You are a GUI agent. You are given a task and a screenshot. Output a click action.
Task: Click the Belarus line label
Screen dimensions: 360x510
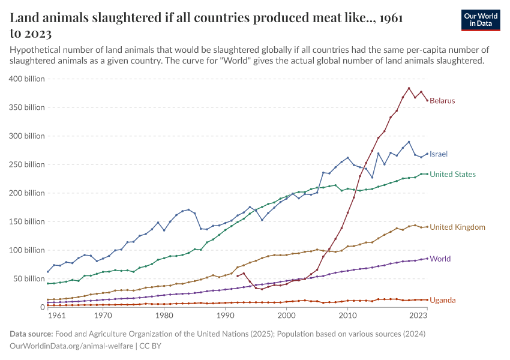[x=442, y=101]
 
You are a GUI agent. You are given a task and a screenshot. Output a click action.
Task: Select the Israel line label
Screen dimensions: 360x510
[x=439, y=154]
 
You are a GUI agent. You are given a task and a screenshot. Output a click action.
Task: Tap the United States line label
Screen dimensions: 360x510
[x=453, y=175]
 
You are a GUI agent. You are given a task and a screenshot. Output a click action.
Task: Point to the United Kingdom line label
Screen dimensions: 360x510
[x=458, y=227]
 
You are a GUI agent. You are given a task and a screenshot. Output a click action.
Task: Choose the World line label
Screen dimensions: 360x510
[x=440, y=259]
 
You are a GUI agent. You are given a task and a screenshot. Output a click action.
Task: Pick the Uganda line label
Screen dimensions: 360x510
[x=443, y=300]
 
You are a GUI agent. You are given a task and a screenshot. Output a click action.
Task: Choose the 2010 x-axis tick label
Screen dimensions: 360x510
[x=347, y=316]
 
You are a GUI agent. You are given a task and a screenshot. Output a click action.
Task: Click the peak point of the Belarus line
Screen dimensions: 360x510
[x=409, y=88]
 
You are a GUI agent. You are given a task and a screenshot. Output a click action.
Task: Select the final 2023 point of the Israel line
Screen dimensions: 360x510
[x=427, y=154]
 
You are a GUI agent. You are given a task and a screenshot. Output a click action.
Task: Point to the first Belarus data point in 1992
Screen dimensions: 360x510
[x=238, y=277]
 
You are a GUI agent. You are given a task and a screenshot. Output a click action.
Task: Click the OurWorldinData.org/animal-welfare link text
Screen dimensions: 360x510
[x=72, y=346]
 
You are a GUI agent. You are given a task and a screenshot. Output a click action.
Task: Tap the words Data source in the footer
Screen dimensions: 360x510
[x=32, y=334]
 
